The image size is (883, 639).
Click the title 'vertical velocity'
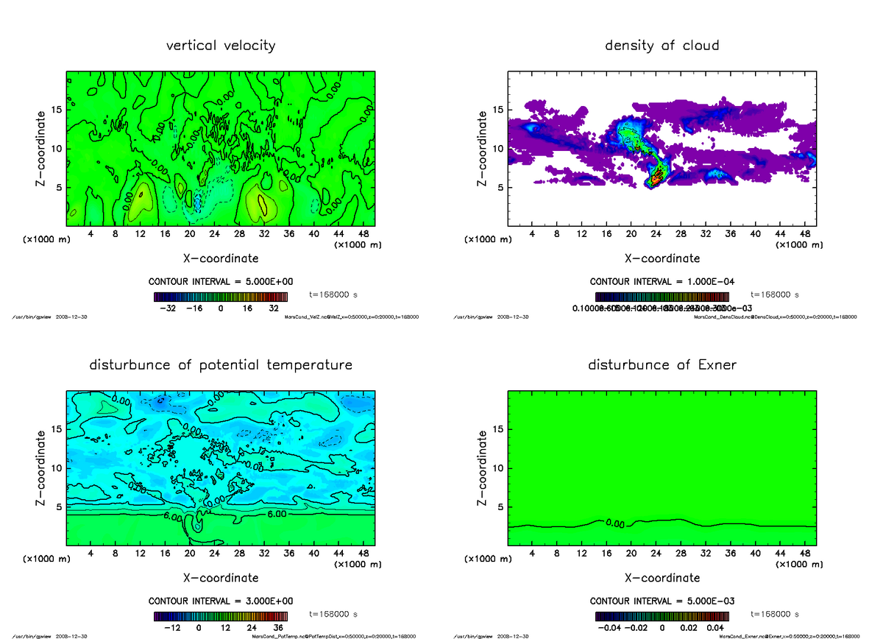coord(221,46)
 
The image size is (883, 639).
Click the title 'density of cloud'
coord(662,46)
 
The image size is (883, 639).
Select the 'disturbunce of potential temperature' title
coord(221,365)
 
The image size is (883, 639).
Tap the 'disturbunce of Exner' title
coord(662,365)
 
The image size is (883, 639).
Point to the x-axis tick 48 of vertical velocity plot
coord(364,235)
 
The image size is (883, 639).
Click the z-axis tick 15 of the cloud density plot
coord(497,110)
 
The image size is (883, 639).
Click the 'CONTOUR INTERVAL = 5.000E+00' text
coord(221,282)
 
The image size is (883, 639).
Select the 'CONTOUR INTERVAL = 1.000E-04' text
coord(662,282)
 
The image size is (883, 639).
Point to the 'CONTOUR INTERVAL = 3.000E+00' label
coord(221,601)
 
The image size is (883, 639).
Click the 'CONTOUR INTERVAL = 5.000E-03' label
coord(662,601)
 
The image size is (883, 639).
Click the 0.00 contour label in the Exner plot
coord(614,524)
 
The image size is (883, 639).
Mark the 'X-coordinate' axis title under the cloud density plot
coord(662,258)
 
